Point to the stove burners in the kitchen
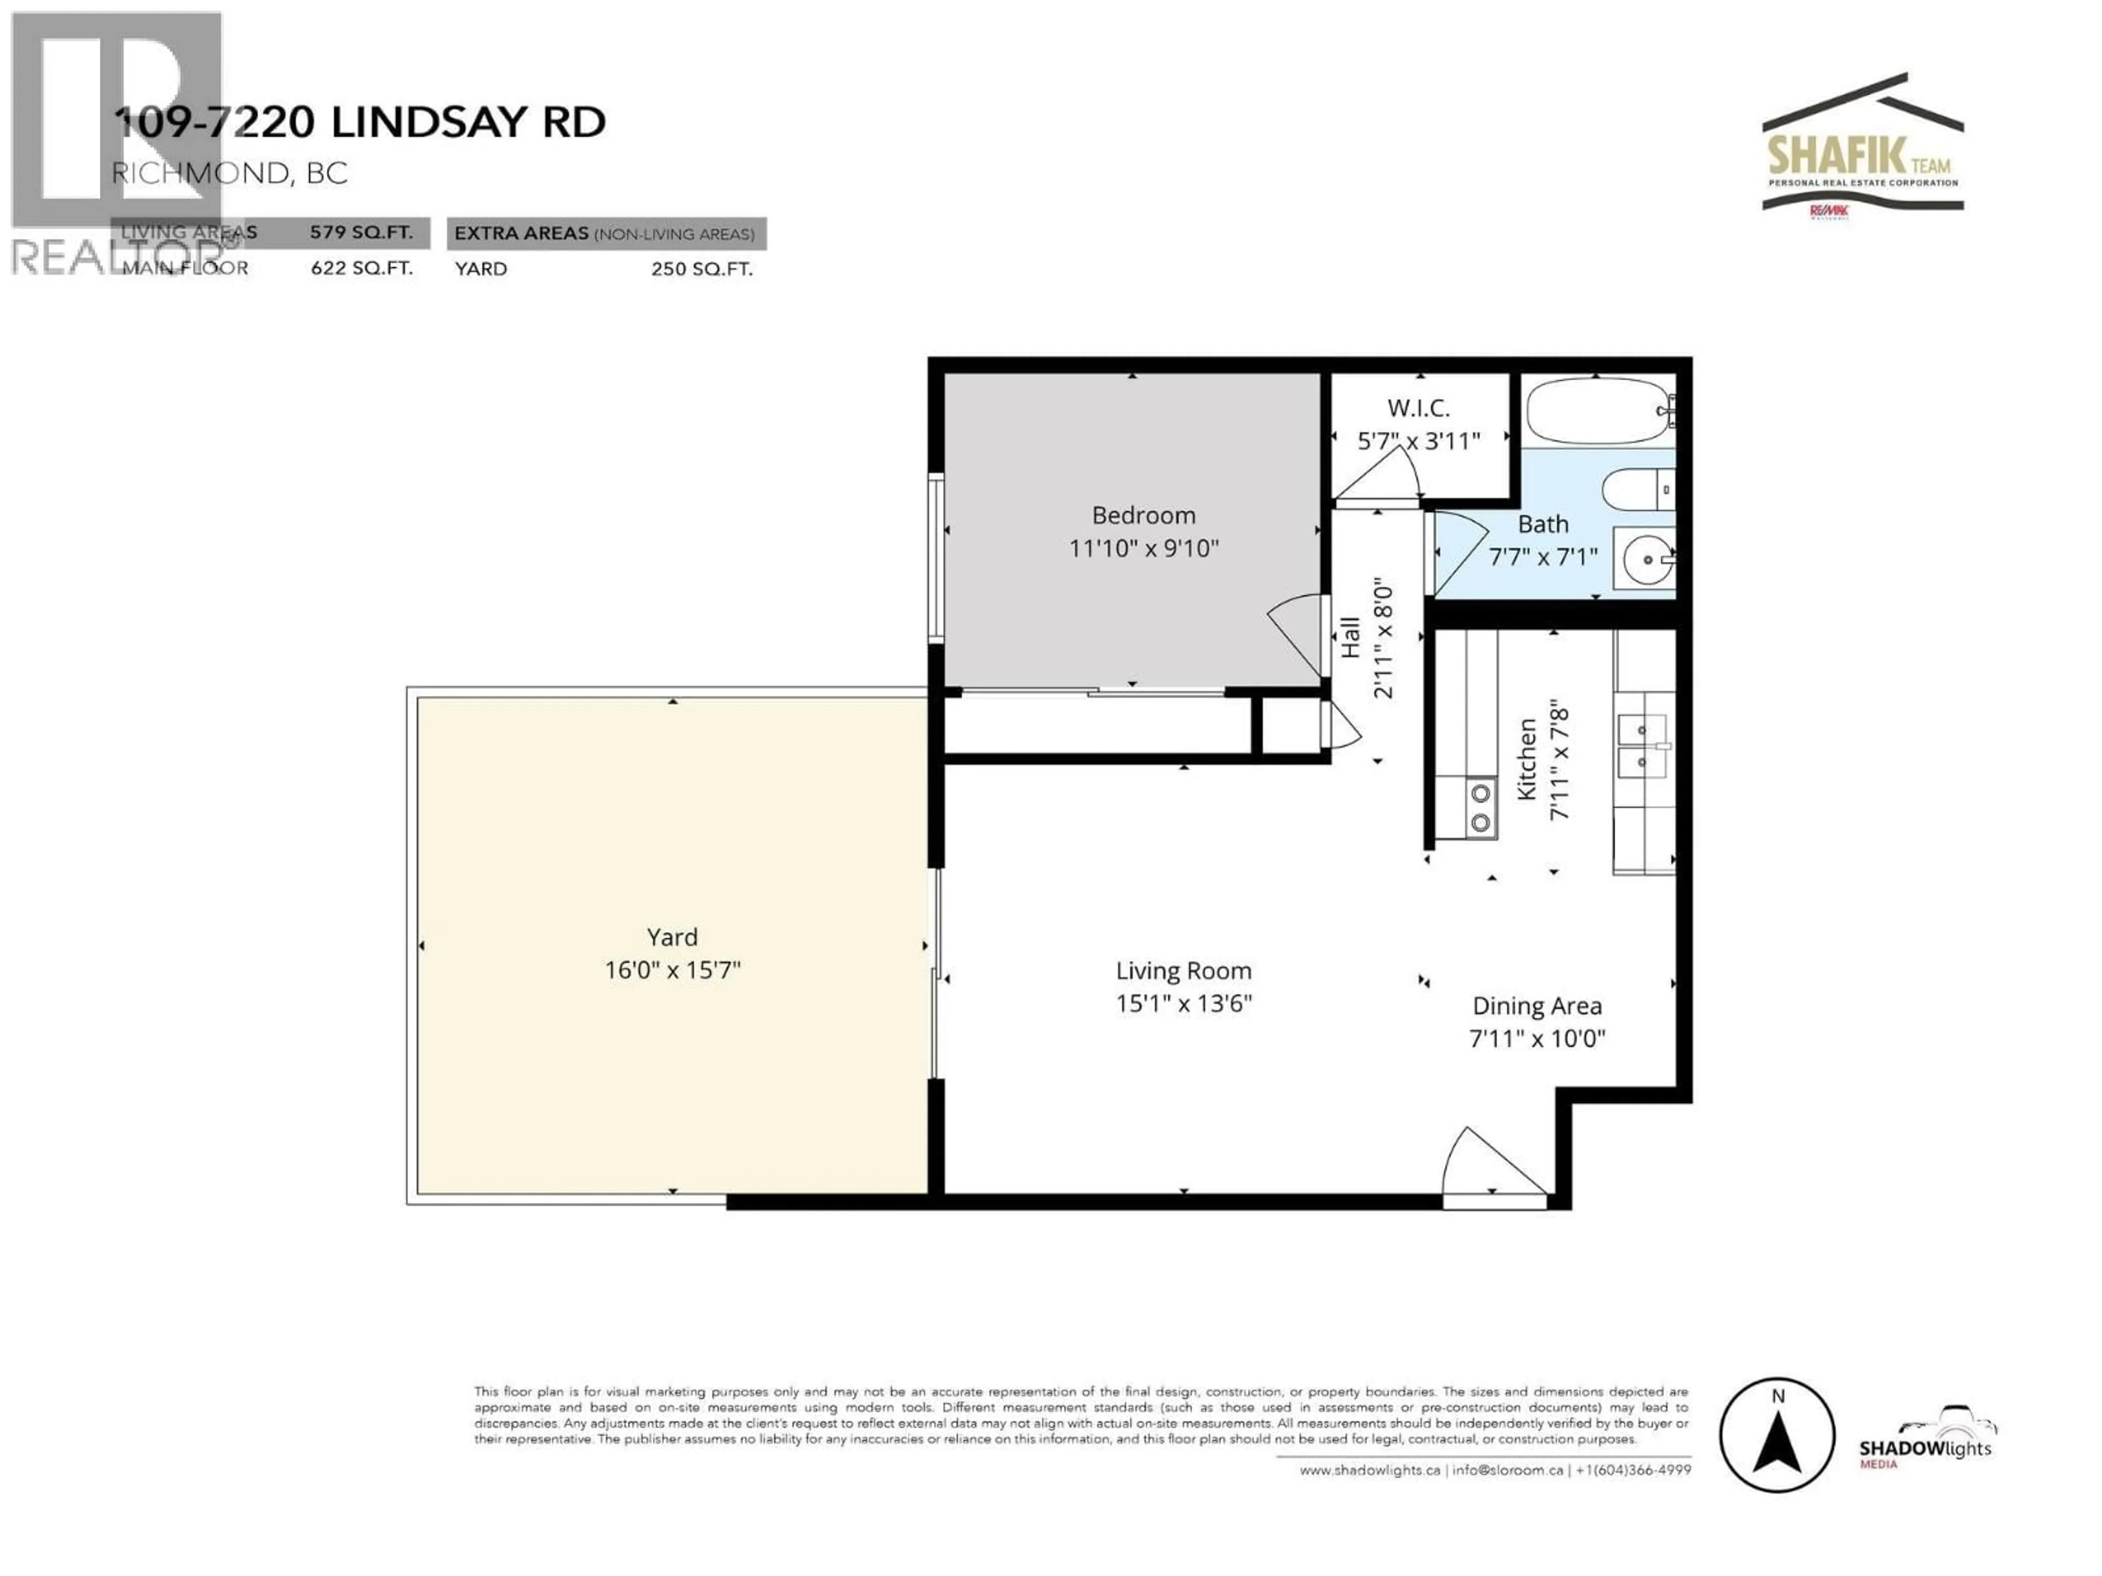tap(1480, 808)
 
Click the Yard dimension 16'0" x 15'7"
tap(672, 970)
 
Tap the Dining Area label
tap(1537, 1006)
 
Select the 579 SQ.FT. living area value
tap(361, 233)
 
